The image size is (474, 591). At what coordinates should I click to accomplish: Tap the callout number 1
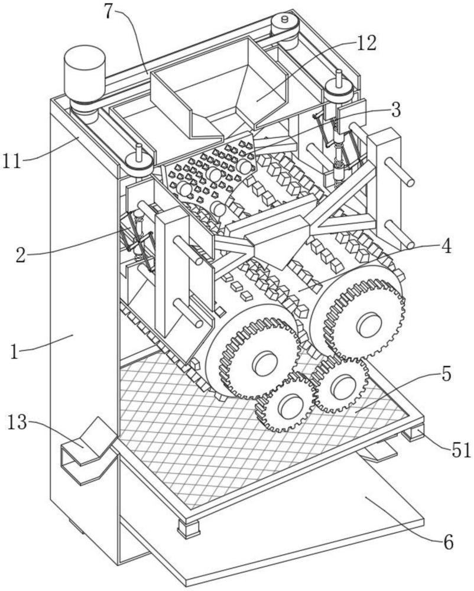16,353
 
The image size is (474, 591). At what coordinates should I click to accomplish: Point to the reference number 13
18,423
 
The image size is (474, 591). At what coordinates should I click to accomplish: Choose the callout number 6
447,542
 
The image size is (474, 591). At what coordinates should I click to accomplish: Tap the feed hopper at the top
219,89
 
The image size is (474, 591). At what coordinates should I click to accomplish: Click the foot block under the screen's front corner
189,527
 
